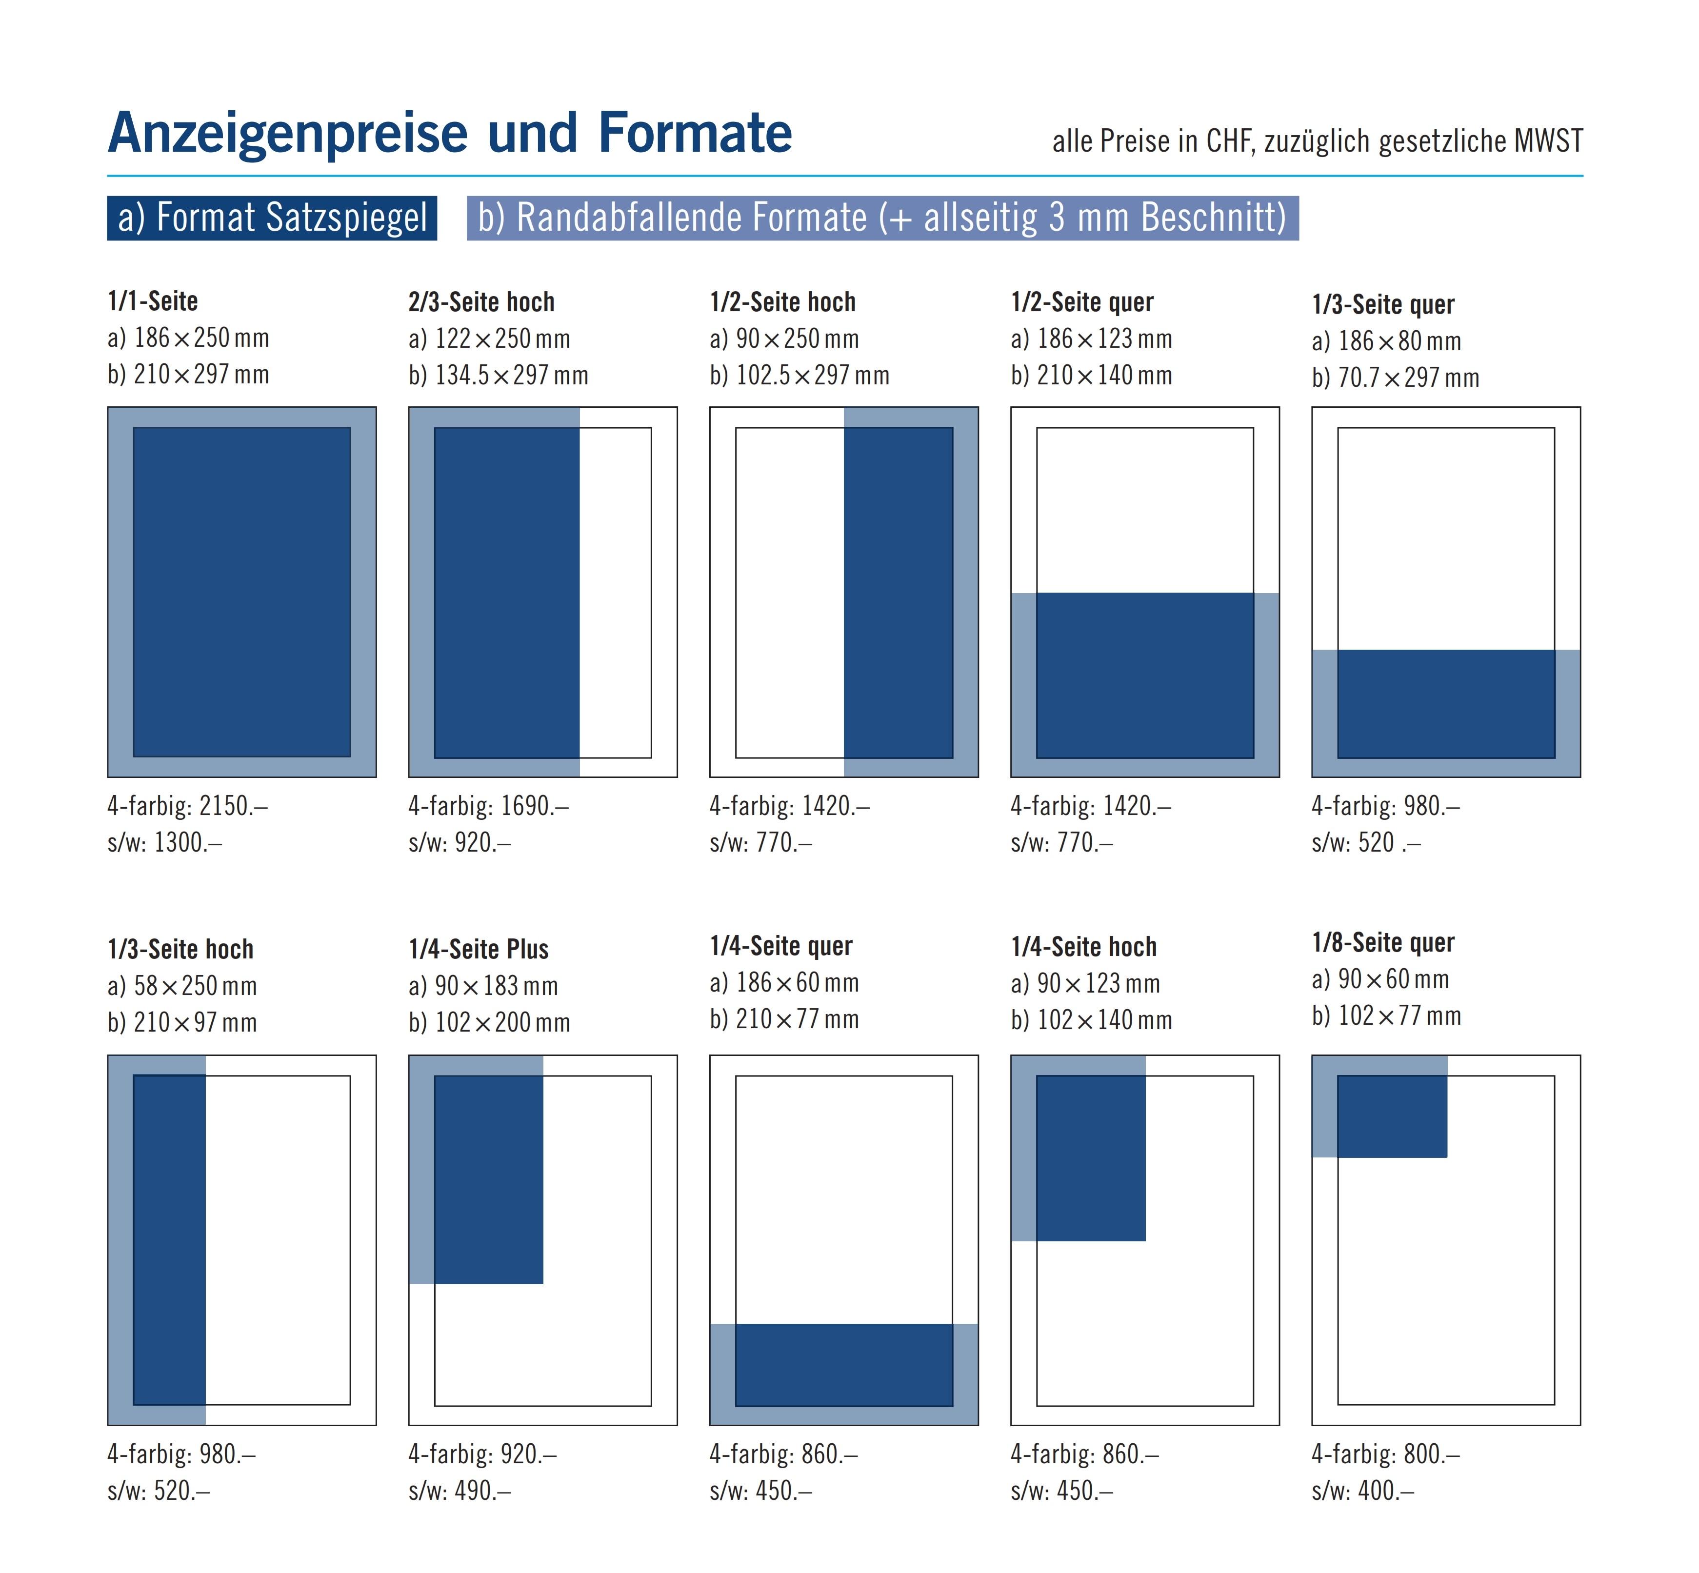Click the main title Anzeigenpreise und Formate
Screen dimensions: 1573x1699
coord(449,134)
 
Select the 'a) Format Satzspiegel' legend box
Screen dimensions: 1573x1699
coord(272,218)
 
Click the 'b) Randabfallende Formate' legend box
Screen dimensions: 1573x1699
coord(882,218)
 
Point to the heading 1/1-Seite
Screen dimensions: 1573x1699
coord(153,301)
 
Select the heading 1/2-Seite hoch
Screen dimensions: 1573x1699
coord(782,302)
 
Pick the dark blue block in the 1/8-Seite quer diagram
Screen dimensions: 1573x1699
coord(1392,1116)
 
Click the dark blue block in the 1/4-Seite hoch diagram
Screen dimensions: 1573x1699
coord(1090,1157)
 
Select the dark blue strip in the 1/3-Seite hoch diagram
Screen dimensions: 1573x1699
coord(169,1239)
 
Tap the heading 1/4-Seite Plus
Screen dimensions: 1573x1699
coord(479,949)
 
